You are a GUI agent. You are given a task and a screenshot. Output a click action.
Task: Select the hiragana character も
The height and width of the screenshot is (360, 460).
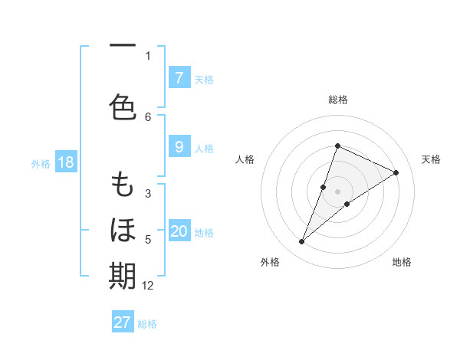[x=123, y=185]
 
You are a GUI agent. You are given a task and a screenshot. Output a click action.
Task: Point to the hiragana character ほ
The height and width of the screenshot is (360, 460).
[x=123, y=229]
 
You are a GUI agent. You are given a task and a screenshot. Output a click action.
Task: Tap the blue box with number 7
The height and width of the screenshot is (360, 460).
[x=179, y=78]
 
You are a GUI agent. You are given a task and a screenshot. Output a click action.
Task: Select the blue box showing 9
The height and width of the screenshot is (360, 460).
[x=179, y=147]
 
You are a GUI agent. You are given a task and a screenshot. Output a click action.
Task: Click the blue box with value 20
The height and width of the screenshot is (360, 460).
[x=179, y=232]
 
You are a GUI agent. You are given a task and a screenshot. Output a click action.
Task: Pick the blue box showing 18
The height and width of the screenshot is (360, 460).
[x=65, y=162]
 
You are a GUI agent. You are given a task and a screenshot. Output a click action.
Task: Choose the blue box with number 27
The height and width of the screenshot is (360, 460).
[x=123, y=322]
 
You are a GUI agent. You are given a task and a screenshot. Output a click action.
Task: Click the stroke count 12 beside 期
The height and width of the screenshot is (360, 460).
[x=148, y=286]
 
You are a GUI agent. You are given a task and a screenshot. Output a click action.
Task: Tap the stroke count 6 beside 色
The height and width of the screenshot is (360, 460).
[x=148, y=116]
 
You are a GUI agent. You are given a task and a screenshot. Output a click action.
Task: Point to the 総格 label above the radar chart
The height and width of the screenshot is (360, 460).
[x=338, y=100]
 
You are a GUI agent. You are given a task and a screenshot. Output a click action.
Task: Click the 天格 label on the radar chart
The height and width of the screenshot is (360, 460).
[x=431, y=159]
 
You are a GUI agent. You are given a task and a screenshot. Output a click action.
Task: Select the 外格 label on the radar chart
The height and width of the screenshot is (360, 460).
[x=270, y=262]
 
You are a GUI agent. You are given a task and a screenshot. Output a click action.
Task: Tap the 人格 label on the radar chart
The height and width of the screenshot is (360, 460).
[x=245, y=159]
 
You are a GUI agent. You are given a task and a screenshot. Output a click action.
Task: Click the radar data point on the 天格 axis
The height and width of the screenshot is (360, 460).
[x=396, y=172]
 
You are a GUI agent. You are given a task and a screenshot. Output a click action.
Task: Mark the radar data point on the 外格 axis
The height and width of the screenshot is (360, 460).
[x=302, y=242]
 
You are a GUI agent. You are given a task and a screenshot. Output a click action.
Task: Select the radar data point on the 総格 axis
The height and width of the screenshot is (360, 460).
[x=338, y=146]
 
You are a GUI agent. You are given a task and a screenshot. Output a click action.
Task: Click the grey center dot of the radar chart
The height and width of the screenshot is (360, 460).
[x=338, y=191]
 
